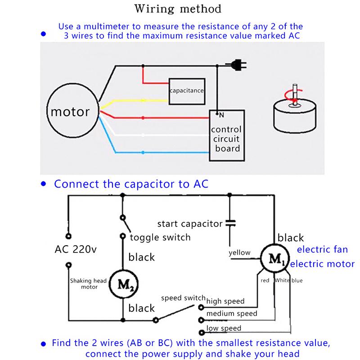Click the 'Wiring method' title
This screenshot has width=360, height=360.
tap(180, 9)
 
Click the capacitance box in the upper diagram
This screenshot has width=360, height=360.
tap(187, 91)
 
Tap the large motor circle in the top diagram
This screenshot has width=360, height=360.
tap(73, 111)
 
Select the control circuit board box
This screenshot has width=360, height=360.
tap(226, 135)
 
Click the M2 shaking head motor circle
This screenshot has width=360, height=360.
tap(122, 284)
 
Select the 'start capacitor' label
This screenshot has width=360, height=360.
tap(189, 223)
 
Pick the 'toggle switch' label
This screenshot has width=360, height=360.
tap(160, 237)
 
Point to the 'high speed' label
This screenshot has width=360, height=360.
tap(225, 301)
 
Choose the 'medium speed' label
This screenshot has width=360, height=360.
tap(231, 313)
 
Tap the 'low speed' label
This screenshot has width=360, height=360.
tap(224, 328)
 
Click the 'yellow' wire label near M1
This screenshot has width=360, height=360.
tap(239, 252)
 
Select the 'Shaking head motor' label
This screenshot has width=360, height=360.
tap(88, 283)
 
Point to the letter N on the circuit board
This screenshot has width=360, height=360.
tap(217, 115)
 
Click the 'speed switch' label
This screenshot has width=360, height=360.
tap(183, 298)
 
